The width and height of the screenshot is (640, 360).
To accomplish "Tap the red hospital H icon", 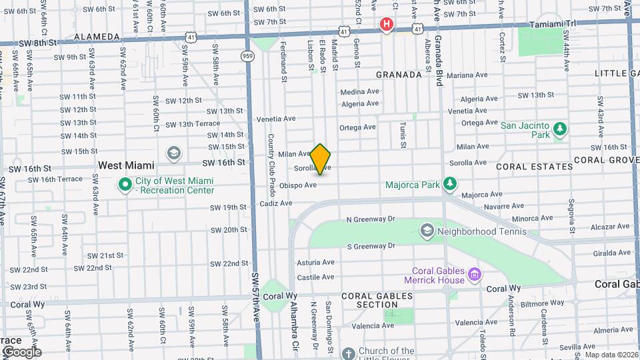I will [x=386, y=25].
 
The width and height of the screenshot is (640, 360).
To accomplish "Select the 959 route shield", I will [x=248, y=56].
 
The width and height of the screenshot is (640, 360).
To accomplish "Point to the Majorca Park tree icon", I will [x=451, y=183].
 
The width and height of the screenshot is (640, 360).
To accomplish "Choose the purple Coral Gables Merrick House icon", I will [x=474, y=273].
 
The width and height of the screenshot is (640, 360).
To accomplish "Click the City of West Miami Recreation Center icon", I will [x=125, y=185].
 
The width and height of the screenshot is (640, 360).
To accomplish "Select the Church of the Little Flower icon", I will [x=348, y=353].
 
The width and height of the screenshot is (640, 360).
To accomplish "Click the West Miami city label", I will [x=126, y=165].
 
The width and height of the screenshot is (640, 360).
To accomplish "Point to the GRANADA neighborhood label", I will [x=399, y=75].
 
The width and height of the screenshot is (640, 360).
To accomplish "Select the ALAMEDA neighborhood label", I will [x=97, y=36].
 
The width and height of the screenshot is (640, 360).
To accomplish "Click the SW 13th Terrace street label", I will [x=193, y=125].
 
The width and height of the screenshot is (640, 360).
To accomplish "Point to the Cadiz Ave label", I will [x=276, y=203].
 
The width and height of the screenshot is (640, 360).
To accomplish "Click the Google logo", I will [x=21, y=352].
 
